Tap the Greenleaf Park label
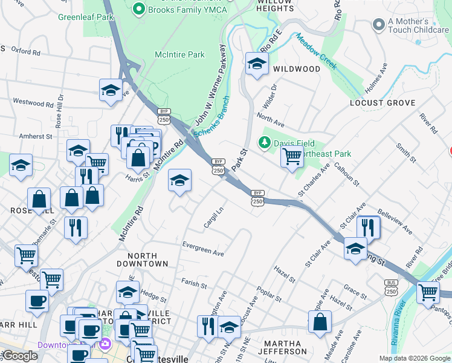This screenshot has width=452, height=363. (x=86, y=18)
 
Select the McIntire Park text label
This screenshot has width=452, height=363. (x=179, y=55)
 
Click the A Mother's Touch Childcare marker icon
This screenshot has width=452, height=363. (x=379, y=25)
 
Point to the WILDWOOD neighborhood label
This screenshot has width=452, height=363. (x=297, y=69)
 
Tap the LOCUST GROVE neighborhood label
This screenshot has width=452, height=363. (x=383, y=103)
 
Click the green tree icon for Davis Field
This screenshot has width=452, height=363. (x=264, y=143)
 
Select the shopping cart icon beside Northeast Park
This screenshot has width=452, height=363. (x=292, y=157)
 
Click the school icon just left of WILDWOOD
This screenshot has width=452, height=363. (x=257, y=63)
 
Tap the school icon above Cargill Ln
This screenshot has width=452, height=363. (x=179, y=180)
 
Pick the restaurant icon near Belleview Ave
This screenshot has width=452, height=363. (x=368, y=227)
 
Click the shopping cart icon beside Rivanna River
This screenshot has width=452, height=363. (x=428, y=292)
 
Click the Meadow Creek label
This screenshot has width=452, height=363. (x=315, y=51)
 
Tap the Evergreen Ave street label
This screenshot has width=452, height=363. (x=203, y=249)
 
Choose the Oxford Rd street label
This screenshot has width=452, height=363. (x=25, y=52)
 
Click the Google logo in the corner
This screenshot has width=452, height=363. (x=20, y=356)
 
